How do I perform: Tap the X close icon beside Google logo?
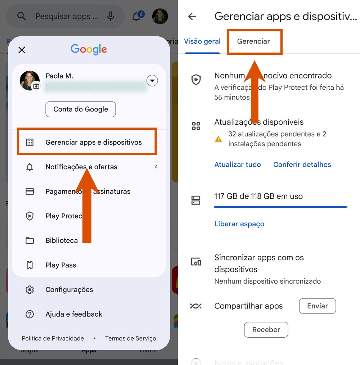click(22, 50)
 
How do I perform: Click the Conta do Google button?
click(81, 109)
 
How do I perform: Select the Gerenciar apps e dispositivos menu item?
click(93, 142)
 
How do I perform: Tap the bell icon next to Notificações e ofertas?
click(30, 167)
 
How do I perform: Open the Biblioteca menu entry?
click(62, 240)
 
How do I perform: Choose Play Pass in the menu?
click(60, 265)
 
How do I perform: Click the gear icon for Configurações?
click(30, 290)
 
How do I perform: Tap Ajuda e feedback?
click(74, 314)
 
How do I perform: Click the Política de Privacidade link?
click(53, 338)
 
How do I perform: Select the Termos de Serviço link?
click(131, 338)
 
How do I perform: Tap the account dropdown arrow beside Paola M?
click(152, 81)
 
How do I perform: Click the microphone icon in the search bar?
click(111, 16)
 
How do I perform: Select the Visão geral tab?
click(202, 41)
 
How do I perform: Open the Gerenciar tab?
click(253, 41)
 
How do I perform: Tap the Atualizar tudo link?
click(238, 165)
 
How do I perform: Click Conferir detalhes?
click(302, 165)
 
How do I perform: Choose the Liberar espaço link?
click(239, 224)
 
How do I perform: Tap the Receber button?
click(266, 330)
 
